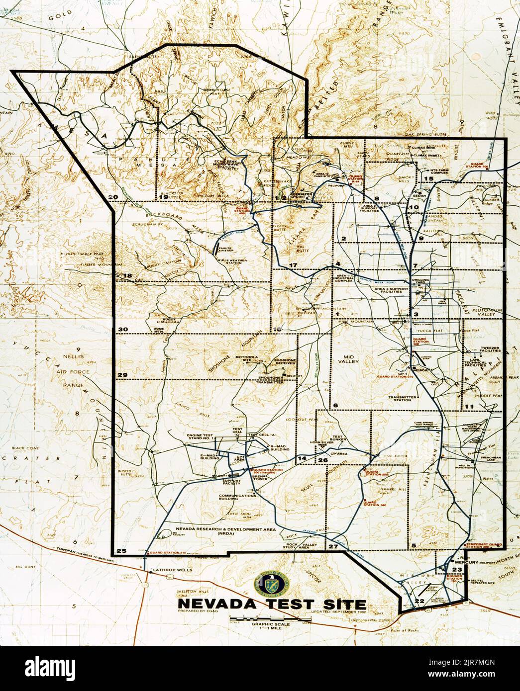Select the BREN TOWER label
click(260, 478)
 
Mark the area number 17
click(293, 264)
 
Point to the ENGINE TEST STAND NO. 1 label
click(200, 437)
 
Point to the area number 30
click(123, 329)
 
